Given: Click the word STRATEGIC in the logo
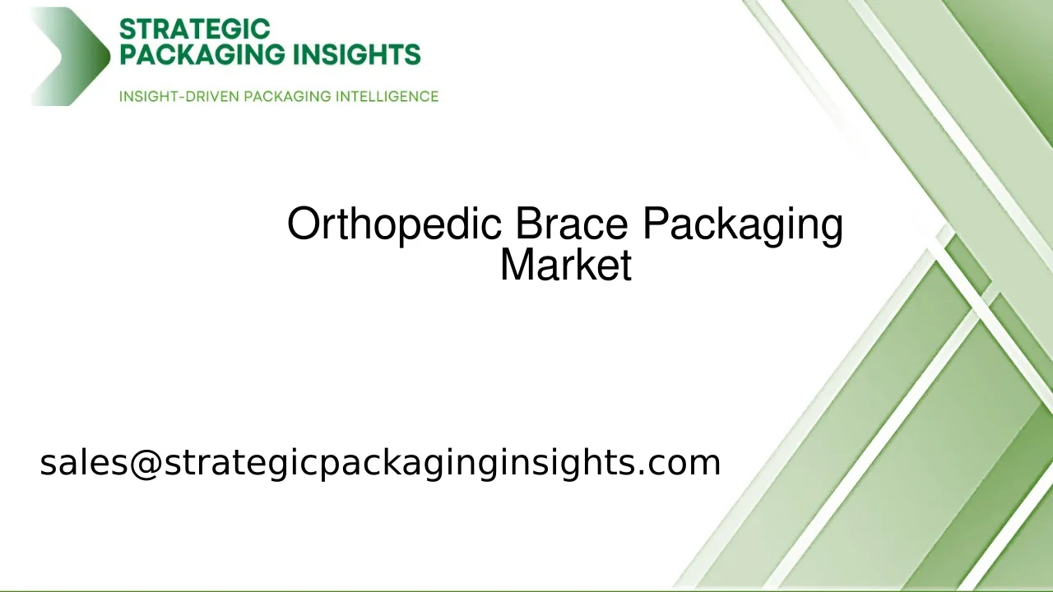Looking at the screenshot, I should pyautogui.click(x=194, y=30).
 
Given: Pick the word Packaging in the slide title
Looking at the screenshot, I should pyautogui.click(x=742, y=224).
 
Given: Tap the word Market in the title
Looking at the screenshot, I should pyautogui.click(x=566, y=265).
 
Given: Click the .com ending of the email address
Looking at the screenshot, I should pyautogui.click(x=680, y=462).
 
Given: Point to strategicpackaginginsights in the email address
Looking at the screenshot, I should pyautogui.click(x=398, y=462).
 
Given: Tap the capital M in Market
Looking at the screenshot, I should pyautogui.click(x=515, y=265).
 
